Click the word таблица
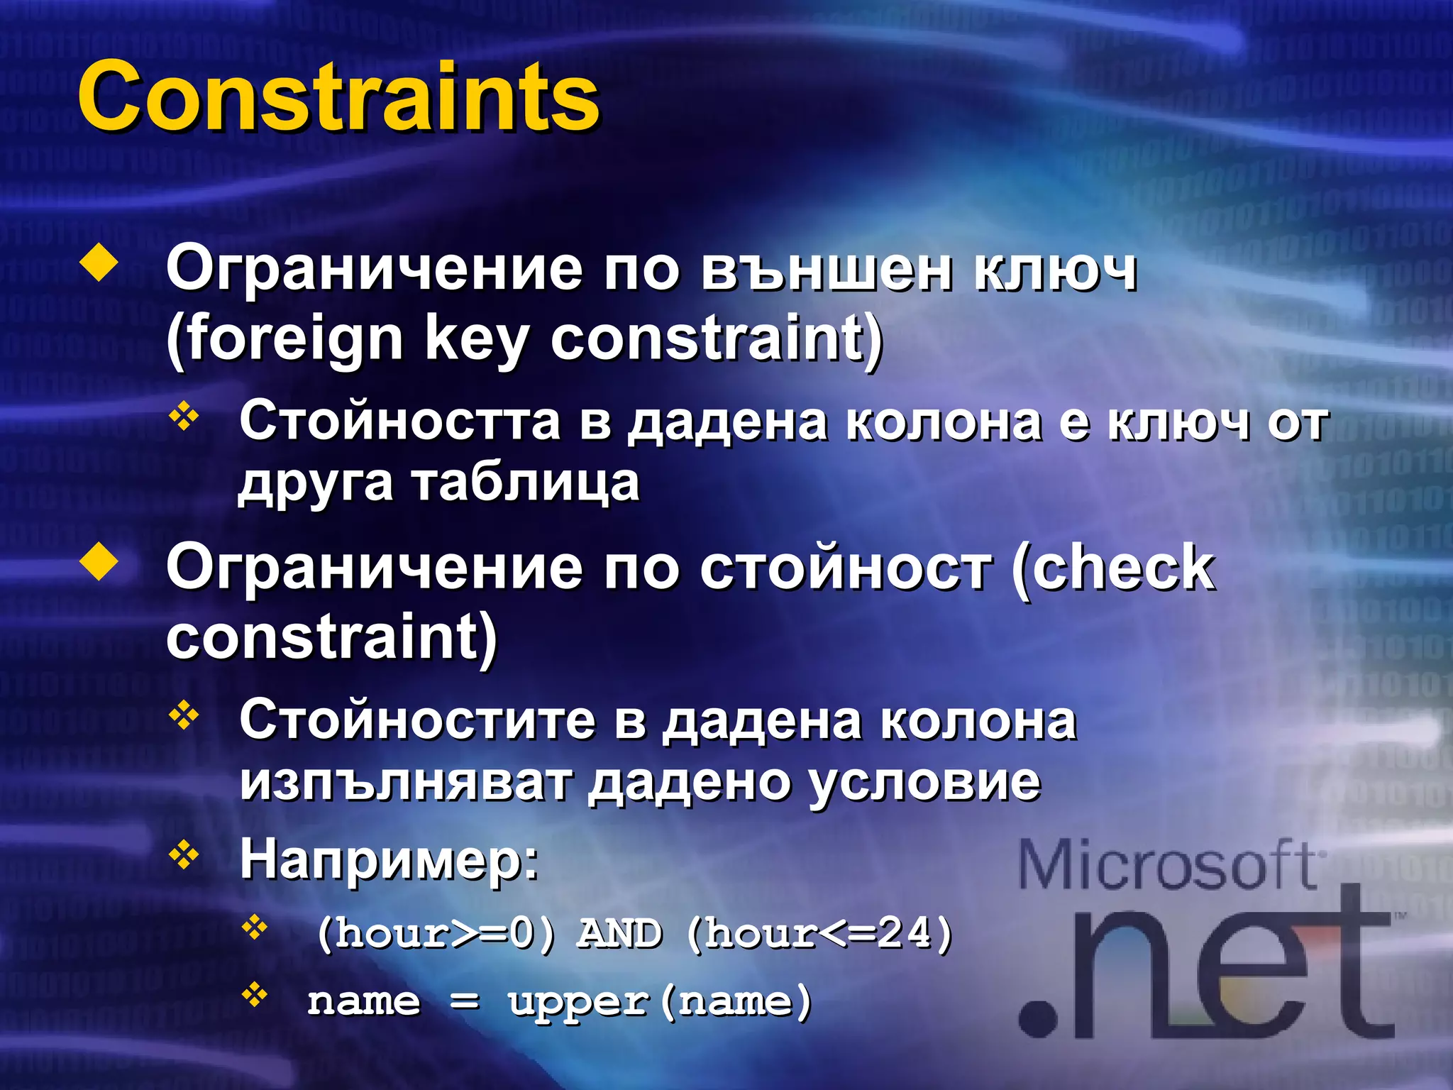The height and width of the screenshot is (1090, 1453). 526,483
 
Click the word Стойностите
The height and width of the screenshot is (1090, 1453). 418,720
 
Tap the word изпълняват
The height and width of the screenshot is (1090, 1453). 405,782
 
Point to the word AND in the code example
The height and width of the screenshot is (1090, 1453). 620,933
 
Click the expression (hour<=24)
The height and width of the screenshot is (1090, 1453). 819,933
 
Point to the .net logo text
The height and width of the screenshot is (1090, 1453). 1206,972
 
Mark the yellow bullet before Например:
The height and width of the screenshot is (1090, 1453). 184,855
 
